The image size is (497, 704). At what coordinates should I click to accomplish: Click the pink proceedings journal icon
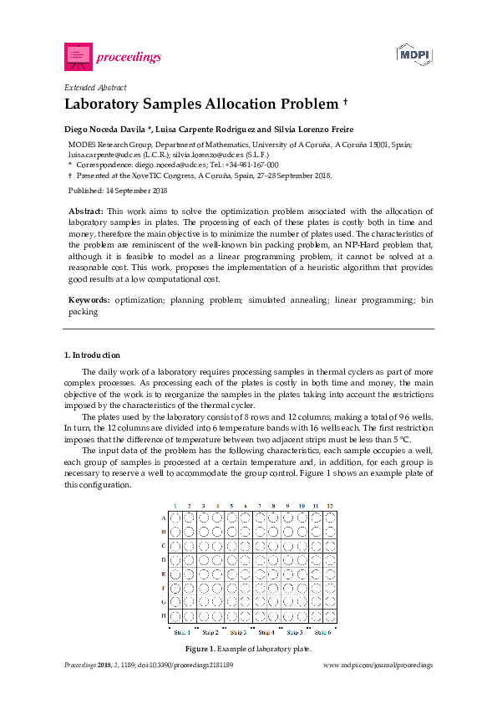[78, 56]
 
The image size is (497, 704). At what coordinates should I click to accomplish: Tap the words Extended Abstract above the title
[94, 87]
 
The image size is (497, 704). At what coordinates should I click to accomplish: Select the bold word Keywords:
[89, 298]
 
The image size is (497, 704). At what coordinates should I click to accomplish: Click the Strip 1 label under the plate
[181, 632]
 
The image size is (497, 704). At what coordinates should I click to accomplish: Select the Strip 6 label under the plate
[322, 632]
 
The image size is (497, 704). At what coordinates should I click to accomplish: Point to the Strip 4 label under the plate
[266, 632]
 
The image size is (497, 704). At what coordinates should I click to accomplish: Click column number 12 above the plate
[330, 506]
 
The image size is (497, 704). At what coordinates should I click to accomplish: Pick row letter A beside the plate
[163, 518]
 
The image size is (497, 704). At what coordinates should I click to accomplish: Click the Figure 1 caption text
[248, 649]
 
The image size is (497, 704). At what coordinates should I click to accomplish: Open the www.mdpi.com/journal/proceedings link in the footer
[378, 665]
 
